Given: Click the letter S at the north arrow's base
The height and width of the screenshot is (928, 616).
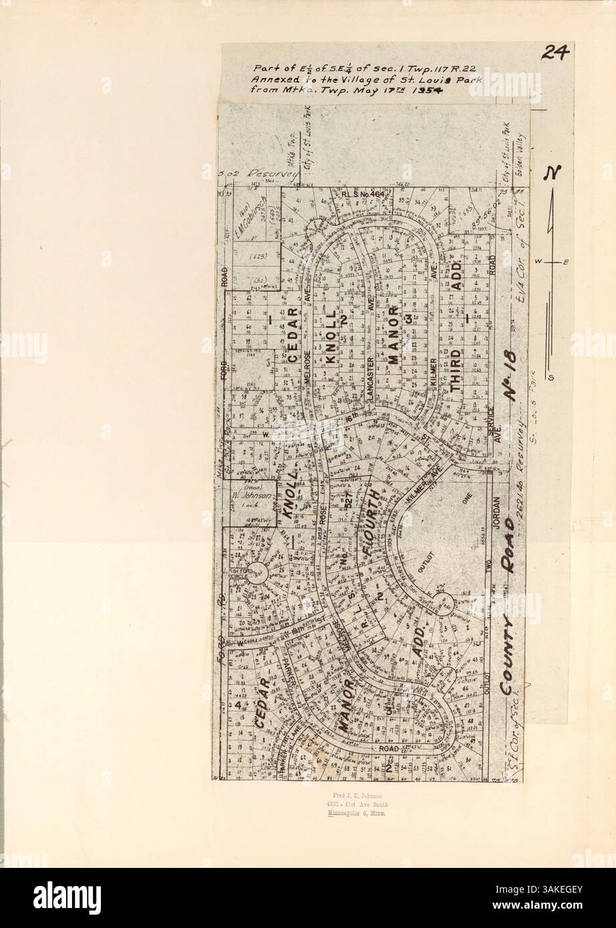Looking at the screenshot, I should tap(551, 378).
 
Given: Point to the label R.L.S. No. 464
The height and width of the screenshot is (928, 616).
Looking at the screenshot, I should tap(359, 195).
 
